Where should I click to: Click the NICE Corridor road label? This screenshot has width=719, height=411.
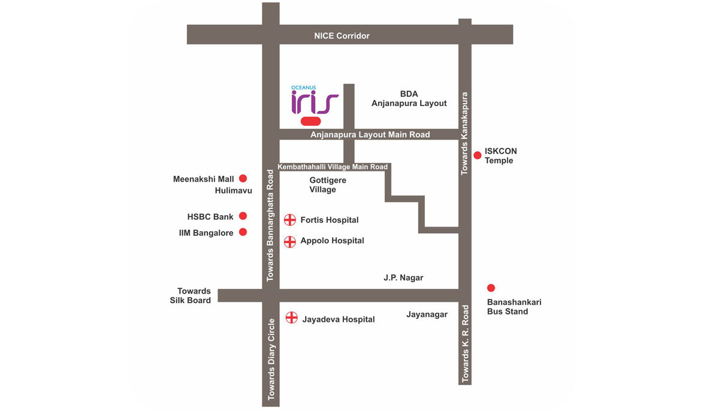[342, 36]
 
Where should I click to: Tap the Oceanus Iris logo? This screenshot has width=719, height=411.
[315, 101]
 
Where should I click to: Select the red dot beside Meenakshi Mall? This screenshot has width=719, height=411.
[243, 179]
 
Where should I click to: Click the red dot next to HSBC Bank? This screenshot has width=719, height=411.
[243, 216]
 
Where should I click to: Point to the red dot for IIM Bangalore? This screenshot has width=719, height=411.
[243, 232]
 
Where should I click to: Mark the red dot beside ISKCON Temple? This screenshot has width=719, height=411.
[478, 156]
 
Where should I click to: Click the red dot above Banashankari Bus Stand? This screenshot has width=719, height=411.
[491, 288]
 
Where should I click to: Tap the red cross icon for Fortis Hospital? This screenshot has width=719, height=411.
[290, 220]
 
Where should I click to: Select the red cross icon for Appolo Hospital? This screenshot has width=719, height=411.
[290, 241]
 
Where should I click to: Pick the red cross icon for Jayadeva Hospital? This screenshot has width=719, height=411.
[291, 318]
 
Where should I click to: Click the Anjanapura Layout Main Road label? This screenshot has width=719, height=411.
[370, 135]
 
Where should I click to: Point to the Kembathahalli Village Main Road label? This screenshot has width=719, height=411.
[333, 167]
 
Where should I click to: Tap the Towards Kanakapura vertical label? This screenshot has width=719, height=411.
[464, 133]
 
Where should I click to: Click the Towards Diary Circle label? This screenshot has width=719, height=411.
[271, 359]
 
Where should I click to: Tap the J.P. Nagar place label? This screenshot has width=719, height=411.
[403, 278]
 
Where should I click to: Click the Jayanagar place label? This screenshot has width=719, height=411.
[427, 315]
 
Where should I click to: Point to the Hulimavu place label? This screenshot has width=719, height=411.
[233, 191]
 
